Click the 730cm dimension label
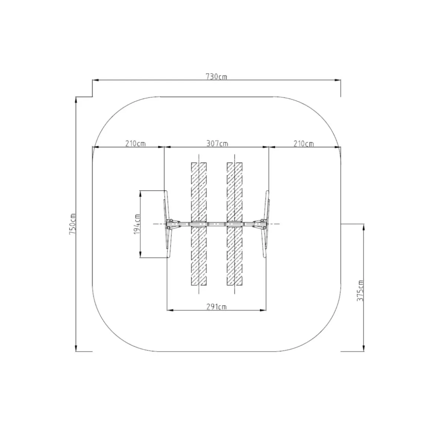[217, 76]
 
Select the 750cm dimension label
[72, 224]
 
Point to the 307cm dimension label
[217, 144]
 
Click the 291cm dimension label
[217, 307]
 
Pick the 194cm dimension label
[137, 224]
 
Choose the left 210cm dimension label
[135, 144]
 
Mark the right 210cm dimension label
[304, 144]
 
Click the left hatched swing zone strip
[199, 224]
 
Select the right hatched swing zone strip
[235, 224]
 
